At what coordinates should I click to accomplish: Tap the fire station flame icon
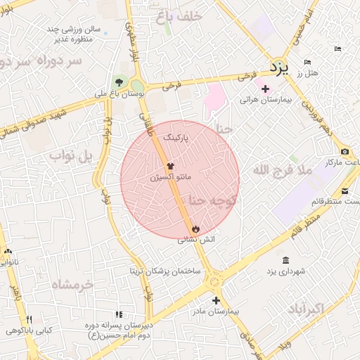[195, 229]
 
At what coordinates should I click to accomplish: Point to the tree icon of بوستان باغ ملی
[119, 82]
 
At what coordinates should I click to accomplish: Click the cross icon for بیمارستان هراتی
[265, 89]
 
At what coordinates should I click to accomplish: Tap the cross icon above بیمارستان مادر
[216, 300]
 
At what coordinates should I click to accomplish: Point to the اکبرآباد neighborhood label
[305, 308]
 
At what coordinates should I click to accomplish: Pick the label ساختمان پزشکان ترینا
[165, 271]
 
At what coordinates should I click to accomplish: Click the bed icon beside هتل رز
[337, 49]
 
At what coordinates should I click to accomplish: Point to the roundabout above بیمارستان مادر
[214, 281]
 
